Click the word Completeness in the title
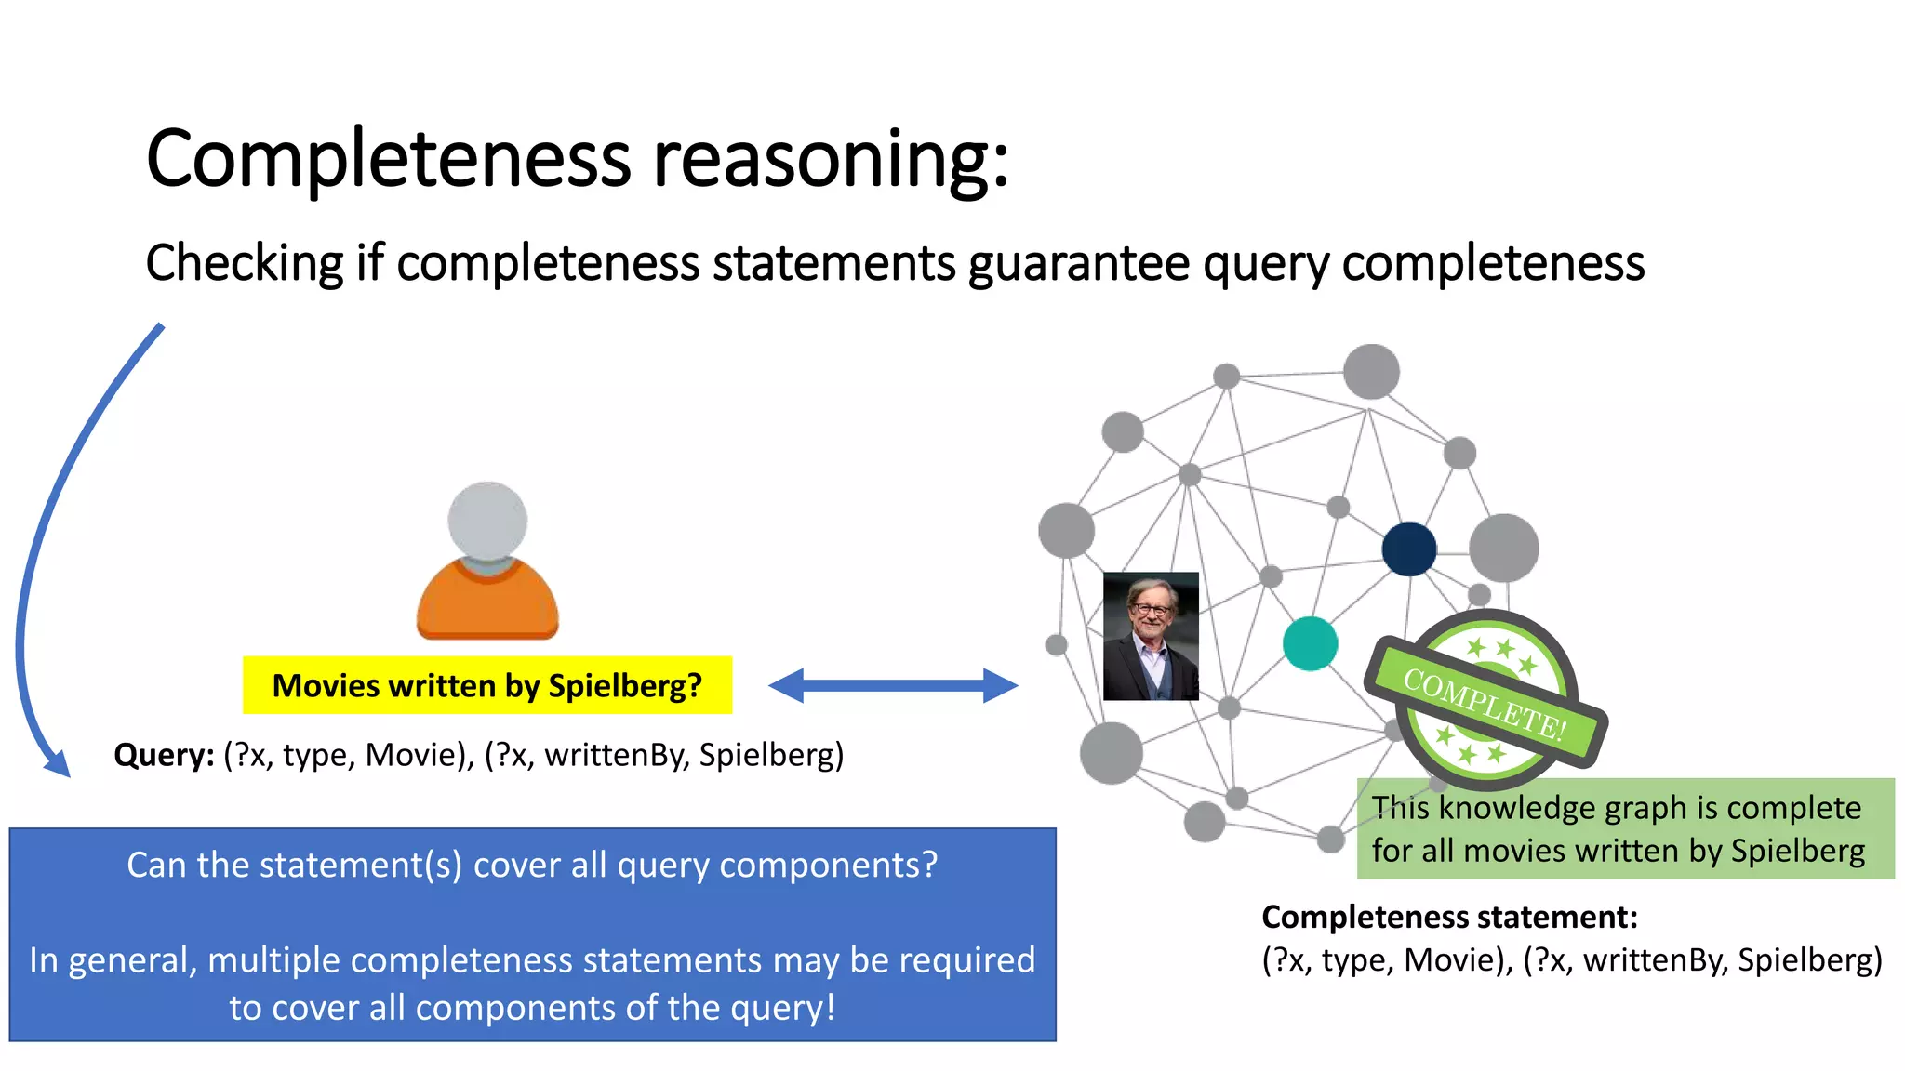coord(388,160)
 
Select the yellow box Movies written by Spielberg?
coord(486,686)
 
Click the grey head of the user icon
coord(487,521)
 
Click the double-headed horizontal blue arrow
coord(893,686)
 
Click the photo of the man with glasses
coord(1151,636)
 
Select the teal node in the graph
coord(1310,643)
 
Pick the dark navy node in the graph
coord(1409,549)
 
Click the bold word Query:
coord(164,755)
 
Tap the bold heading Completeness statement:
coord(1449,918)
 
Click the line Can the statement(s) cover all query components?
coord(532,866)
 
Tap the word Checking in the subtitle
coord(245,263)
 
